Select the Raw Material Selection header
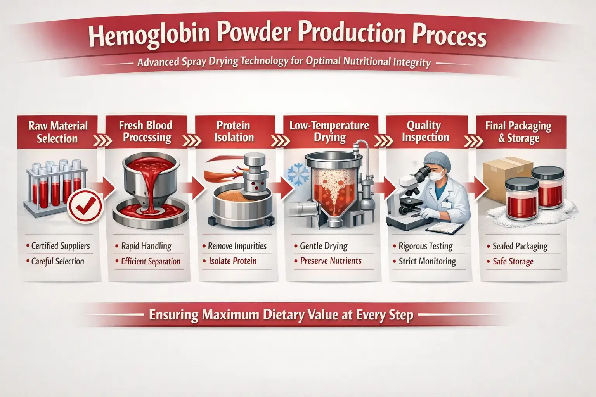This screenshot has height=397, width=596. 58,132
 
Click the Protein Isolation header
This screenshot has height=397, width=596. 234,131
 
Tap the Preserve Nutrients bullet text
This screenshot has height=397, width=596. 331,261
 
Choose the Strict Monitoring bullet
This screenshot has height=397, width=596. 427,261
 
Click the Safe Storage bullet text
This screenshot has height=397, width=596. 513,262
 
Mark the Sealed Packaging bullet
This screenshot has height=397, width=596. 520,246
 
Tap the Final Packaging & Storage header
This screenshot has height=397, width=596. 518,132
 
